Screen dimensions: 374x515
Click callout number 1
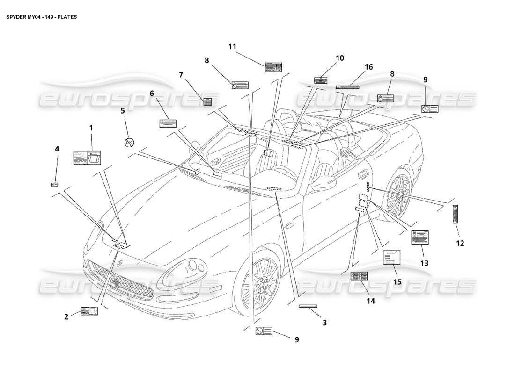[91, 127]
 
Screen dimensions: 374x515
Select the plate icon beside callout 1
[87, 158]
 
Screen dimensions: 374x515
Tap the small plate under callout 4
[54, 184]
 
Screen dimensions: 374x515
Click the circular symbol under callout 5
[130, 142]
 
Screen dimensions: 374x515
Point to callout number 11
[233, 46]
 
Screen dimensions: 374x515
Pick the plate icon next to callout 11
[273, 67]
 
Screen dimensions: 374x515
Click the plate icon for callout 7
[207, 102]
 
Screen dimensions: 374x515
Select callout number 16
[368, 67]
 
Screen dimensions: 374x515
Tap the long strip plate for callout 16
[347, 87]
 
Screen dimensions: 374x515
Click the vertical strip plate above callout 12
[455, 214]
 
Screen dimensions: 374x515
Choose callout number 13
[424, 263]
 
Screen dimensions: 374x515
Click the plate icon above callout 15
[392, 257]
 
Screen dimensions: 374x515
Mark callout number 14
[371, 301]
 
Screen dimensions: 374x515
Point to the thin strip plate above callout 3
[308, 306]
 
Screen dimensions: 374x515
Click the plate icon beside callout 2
[88, 311]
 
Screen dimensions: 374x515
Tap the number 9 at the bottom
[297, 339]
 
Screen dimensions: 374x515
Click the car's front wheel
[260, 287]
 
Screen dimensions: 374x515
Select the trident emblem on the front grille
[114, 283]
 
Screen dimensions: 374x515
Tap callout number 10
[340, 58]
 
